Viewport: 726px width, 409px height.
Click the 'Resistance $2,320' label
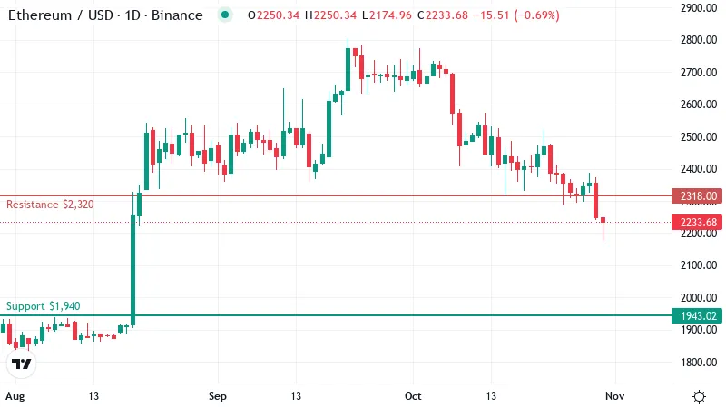50,204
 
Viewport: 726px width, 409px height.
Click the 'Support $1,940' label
43,306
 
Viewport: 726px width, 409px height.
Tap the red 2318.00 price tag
697,196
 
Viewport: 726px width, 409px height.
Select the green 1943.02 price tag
697,315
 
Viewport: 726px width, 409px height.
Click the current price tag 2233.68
697,222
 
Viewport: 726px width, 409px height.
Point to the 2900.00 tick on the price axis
699,8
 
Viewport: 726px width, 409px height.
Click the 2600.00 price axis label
699,105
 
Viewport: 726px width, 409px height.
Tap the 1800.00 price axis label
699,362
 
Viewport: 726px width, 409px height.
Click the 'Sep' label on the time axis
218,396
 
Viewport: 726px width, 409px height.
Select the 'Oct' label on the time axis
413,396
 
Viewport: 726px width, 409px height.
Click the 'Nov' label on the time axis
615,396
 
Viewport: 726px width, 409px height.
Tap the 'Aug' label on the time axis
15,396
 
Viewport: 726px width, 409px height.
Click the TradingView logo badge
21,364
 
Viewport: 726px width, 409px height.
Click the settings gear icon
699,396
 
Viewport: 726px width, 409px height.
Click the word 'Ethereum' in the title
40,15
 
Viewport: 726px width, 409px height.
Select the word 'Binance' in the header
177,15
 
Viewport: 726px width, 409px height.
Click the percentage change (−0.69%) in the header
536,15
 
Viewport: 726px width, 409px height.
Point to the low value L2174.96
387,15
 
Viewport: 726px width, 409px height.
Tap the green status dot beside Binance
225,15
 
